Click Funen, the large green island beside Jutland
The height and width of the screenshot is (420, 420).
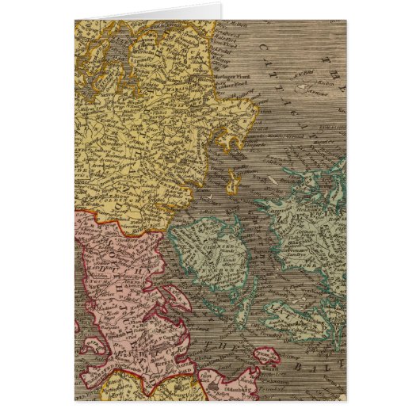pyautogui.click(x=201, y=254)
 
